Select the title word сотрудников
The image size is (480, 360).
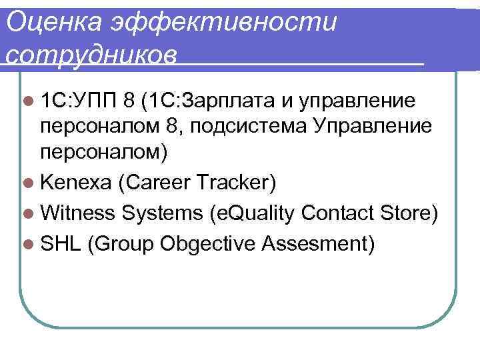click(91, 54)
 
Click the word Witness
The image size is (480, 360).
click(78, 215)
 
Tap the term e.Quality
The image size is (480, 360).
click(254, 215)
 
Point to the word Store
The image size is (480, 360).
click(408, 215)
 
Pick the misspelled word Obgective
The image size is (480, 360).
click(208, 245)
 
